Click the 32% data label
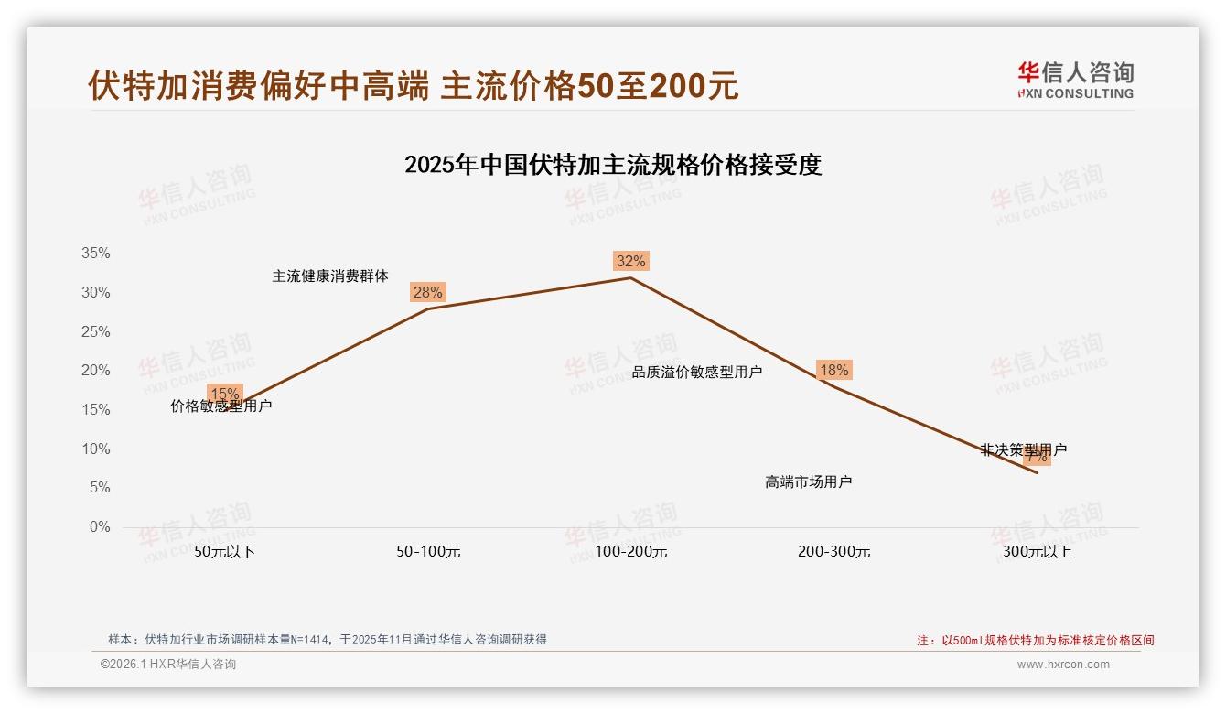click(630, 262)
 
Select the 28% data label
click(427, 293)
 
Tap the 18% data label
click(833, 371)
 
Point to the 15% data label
click(225, 395)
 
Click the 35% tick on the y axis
click(95, 254)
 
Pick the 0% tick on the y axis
click(99, 527)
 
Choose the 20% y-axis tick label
click(95, 371)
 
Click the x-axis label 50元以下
click(225, 552)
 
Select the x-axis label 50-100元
click(428, 552)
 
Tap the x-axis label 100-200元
click(631, 552)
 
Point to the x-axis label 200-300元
click(833, 552)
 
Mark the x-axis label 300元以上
click(1037, 552)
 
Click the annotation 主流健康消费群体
click(330, 276)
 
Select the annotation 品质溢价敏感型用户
click(697, 372)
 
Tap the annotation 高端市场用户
click(809, 481)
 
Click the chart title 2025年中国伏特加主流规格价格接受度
click(613, 165)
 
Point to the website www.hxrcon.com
click(1063, 665)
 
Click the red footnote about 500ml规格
click(1036, 641)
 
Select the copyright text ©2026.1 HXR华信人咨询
click(168, 665)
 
